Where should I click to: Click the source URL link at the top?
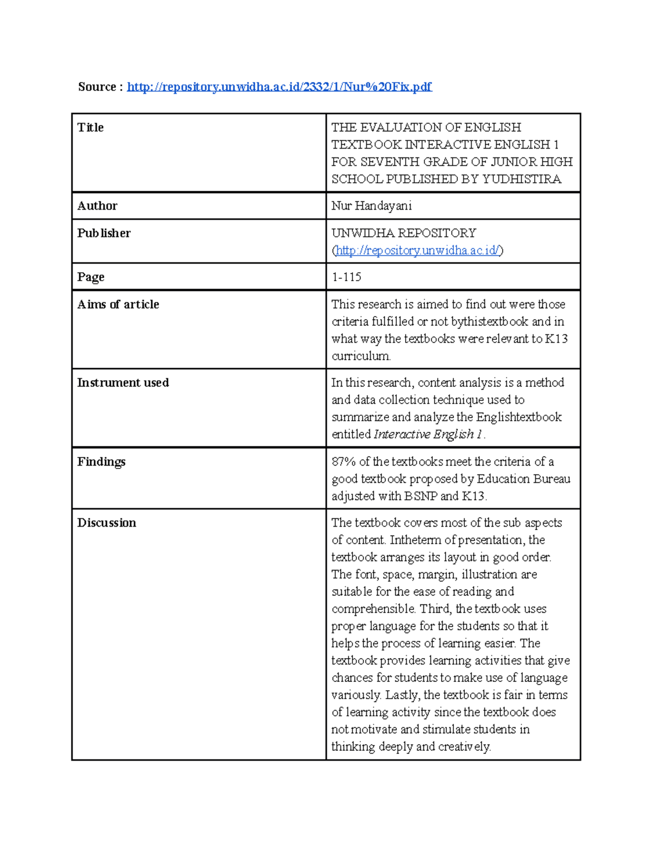(x=279, y=86)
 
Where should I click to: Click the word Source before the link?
(x=97, y=86)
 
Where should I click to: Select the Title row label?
(x=90, y=128)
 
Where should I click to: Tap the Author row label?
(x=97, y=206)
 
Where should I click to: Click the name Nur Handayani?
(x=371, y=206)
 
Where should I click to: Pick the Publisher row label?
(x=104, y=233)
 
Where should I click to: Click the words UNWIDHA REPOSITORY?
(x=403, y=233)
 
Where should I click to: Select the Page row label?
(x=90, y=277)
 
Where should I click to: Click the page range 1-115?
(x=346, y=277)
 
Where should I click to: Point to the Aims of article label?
(x=118, y=304)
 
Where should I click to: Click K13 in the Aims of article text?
(x=556, y=339)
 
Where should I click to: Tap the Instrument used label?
(x=122, y=383)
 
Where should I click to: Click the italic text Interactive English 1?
(x=427, y=434)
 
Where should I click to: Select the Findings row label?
(x=101, y=462)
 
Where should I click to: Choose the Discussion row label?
(x=106, y=523)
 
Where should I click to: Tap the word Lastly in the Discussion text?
(x=402, y=695)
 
